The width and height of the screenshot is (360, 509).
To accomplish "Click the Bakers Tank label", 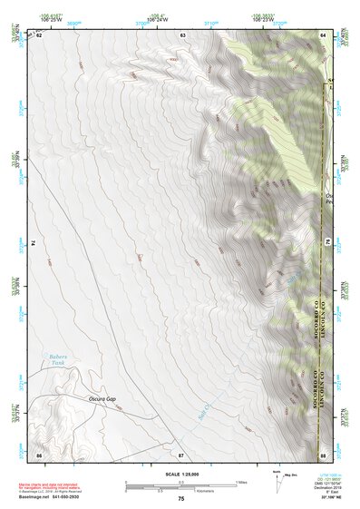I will tap(58, 361).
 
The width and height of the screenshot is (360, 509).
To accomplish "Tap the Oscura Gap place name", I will tap(103, 398).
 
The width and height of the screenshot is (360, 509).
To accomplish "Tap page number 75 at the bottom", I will tap(181, 499).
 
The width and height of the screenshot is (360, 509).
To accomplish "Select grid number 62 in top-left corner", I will tap(39, 34).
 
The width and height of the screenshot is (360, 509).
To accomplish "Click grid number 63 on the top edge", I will tap(182, 34).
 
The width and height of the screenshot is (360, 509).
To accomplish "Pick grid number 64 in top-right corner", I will tap(324, 34).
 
